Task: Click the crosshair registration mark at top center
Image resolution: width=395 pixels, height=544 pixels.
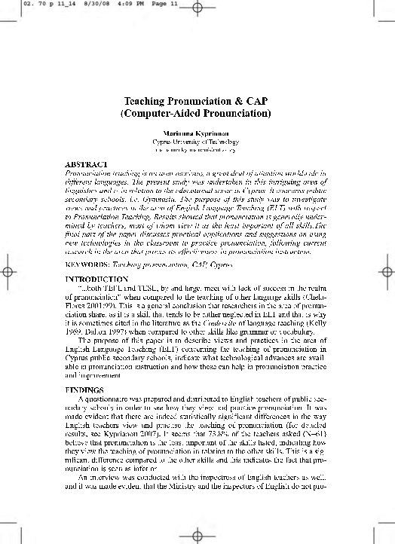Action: pyautogui.click(x=197, y=8)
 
